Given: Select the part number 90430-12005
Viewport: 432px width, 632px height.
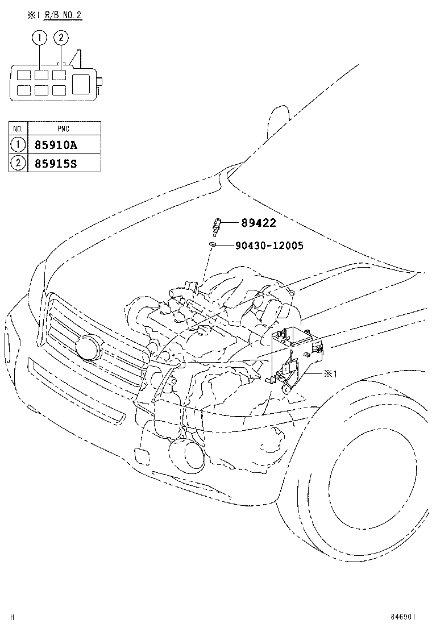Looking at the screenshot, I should [x=269, y=246].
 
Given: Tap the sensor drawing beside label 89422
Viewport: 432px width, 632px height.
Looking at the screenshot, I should [x=214, y=226].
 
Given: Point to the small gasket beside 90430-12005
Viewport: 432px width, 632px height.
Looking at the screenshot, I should [x=211, y=244].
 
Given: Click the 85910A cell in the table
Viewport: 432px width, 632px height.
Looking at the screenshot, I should [x=64, y=145].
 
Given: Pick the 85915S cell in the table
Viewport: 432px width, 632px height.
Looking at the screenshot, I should [x=64, y=163].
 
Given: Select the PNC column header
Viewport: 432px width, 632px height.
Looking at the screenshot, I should [x=64, y=129].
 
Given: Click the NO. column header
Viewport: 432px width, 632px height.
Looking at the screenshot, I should [x=18, y=129].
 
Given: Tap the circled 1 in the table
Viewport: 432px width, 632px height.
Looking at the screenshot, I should [x=18, y=145].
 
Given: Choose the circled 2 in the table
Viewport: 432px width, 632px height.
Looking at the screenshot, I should [x=18, y=163].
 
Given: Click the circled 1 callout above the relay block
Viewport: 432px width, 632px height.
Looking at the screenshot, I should [x=39, y=38].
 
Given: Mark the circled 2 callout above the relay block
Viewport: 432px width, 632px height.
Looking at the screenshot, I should [x=61, y=38].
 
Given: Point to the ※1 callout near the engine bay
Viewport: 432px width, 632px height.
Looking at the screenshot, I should [x=330, y=374].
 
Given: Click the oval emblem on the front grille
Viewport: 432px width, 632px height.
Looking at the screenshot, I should [x=88, y=347].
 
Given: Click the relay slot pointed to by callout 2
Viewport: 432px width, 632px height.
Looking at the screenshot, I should [x=58, y=74].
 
